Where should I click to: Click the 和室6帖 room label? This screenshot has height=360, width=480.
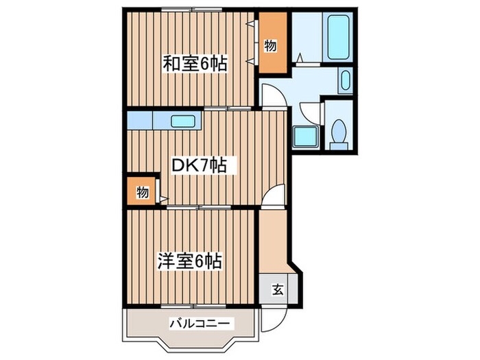point(194,64)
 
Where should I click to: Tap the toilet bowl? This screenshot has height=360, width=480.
point(337,132)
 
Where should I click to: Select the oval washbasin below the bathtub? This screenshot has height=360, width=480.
point(344,81)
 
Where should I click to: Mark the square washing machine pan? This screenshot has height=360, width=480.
point(302,136)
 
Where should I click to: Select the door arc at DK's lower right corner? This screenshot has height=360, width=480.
point(273,197)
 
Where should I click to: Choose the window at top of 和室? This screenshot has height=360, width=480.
point(193,10)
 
